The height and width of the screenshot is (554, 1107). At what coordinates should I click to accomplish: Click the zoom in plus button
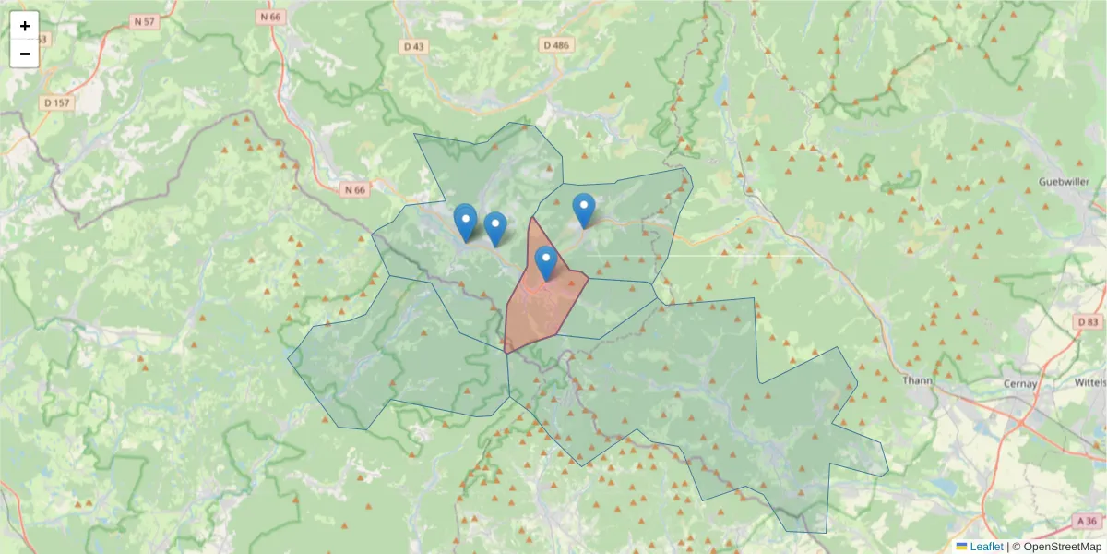tap(25, 26)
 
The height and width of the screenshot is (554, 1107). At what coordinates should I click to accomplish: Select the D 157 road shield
tap(57, 102)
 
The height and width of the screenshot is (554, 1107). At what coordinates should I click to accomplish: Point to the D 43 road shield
tap(413, 45)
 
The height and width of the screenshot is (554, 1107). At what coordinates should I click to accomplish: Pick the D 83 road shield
tap(1089, 322)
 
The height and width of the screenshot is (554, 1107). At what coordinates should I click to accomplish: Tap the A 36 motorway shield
tap(1088, 522)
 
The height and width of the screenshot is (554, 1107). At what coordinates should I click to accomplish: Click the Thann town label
tap(918, 380)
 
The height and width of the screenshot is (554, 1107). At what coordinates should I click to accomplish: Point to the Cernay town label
tap(1020, 383)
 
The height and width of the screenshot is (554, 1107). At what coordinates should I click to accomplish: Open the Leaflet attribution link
tap(985, 547)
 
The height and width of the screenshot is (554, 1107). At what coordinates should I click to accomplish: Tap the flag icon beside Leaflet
tap(961, 547)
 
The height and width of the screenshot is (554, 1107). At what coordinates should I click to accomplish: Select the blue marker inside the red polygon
tap(546, 261)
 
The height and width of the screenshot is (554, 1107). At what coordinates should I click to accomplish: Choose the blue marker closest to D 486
tap(583, 209)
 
